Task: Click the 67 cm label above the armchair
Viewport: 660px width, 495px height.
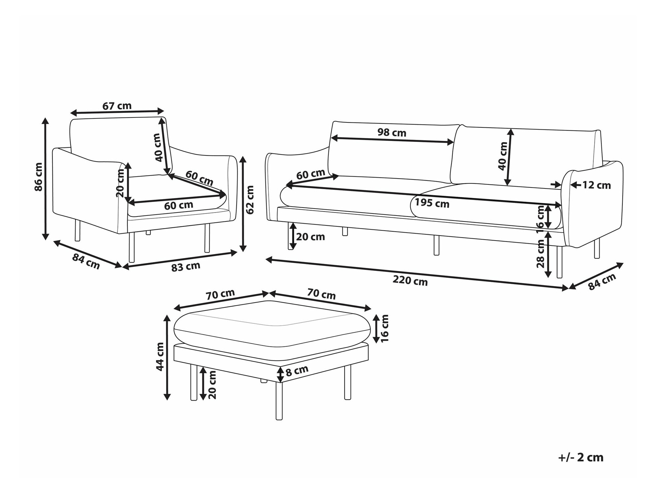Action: point(117,106)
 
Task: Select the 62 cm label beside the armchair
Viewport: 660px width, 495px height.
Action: point(250,200)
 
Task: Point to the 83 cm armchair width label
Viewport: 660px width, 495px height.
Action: point(186,267)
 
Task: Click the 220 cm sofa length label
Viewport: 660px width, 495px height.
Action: point(410,281)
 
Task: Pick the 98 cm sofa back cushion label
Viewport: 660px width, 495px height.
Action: point(392,133)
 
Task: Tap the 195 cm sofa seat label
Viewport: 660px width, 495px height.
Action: point(432,203)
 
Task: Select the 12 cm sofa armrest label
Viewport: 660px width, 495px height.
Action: point(596,185)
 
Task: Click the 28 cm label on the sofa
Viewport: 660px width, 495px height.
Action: point(540,254)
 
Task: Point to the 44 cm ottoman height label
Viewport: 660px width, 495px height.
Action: point(160,357)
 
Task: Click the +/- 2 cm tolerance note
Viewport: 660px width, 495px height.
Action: point(581,458)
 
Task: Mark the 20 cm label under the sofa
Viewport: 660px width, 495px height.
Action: point(311,237)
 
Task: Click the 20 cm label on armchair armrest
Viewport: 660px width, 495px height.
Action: point(120,183)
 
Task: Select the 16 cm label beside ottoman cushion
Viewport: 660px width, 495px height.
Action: point(384,328)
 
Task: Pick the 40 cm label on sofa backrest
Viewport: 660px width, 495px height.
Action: point(503,156)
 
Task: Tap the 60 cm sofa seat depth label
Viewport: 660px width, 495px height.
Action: point(311,174)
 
